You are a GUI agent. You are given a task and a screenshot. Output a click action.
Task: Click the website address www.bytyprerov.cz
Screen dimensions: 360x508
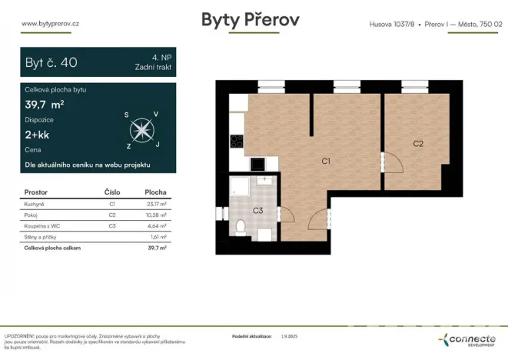(51, 23)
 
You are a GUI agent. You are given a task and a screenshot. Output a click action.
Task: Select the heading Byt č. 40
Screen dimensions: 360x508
(51, 62)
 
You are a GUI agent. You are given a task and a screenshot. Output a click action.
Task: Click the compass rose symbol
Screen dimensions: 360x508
(141, 128)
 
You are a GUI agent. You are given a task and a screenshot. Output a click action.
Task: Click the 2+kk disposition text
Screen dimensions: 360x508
(38, 134)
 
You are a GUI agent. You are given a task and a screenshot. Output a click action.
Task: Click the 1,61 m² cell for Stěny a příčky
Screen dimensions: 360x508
(157, 237)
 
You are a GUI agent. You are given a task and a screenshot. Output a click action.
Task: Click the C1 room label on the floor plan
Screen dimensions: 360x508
(325, 162)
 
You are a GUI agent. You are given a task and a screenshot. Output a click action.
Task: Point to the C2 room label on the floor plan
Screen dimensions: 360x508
(418, 143)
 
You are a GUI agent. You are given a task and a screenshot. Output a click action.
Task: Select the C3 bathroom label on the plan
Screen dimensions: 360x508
(258, 210)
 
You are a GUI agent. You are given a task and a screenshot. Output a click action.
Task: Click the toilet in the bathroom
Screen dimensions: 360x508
(241, 226)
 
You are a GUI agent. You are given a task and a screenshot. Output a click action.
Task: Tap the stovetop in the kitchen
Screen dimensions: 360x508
(237, 142)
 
